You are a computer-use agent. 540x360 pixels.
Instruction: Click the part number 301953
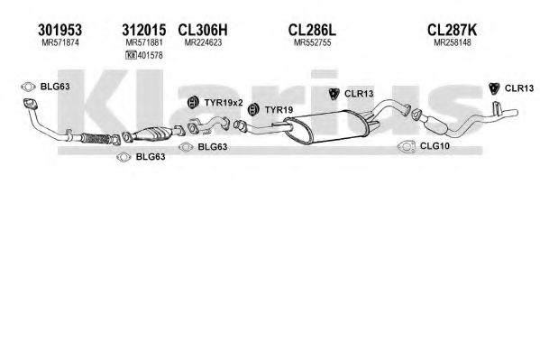pyautogui.click(x=59, y=30)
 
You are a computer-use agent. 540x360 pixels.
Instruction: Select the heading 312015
pyautogui.click(x=144, y=30)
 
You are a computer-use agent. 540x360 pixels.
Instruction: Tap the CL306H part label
pyautogui.click(x=203, y=30)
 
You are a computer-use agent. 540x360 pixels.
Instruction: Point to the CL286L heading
pyautogui.click(x=312, y=30)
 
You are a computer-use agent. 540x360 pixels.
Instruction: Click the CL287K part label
pyautogui.click(x=453, y=30)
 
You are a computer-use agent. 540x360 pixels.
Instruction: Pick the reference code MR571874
pyautogui.click(x=60, y=42)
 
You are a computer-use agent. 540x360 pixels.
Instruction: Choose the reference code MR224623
pyautogui.click(x=203, y=42)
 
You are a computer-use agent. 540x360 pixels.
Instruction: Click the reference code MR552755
pyautogui.click(x=312, y=42)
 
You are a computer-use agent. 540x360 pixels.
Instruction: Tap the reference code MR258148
pyautogui.click(x=453, y=42)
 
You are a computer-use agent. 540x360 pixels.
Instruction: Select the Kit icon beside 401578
pyautogui.click(x=132, y=55)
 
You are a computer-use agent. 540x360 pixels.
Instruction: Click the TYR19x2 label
pyautogui.click(x=224, y=103)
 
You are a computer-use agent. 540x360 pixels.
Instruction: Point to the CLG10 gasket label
pyautogui.click(x=435, y=146)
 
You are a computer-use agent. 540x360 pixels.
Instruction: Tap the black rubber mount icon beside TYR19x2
pyautogui.click(x=193, y=102)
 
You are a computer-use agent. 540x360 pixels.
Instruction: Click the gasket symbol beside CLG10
pyautogui.click(x=407, y=146)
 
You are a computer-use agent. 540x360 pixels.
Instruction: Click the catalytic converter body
pyautogui.click(x=151, y=134)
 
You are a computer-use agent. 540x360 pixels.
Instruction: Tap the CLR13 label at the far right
pyautogui.click(x=519, y=88)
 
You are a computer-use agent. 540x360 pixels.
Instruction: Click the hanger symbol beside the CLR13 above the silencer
pyautogui.click(x=334, y=94)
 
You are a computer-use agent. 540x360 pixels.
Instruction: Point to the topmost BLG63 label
pyautogui.click(x=55, y=87)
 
